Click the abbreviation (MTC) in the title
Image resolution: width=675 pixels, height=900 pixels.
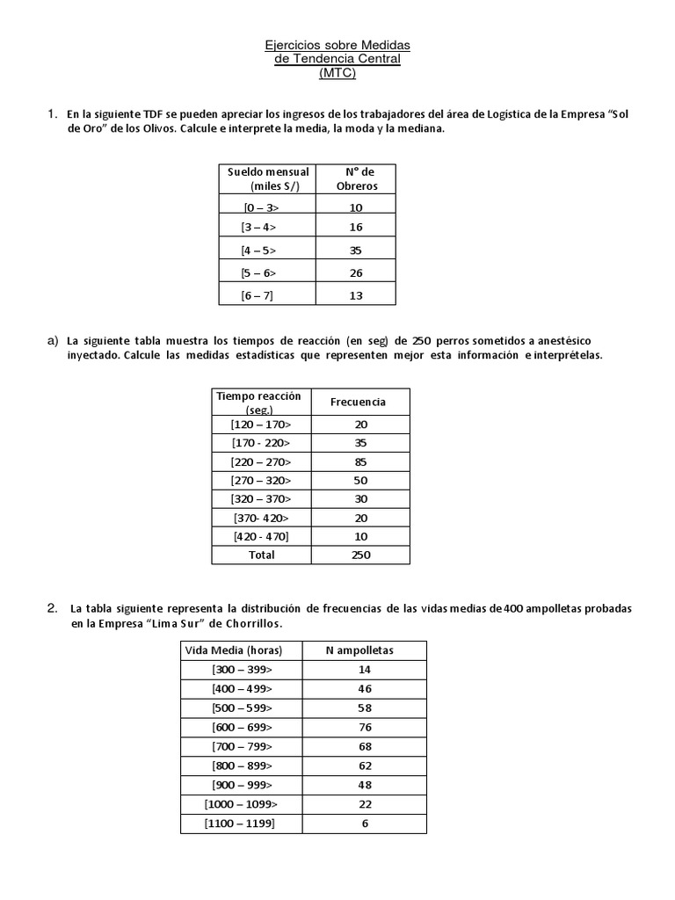coord(337,73)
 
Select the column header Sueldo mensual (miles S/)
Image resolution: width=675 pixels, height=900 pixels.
coord(268,179)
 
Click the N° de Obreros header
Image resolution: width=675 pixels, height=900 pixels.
coord(357,179)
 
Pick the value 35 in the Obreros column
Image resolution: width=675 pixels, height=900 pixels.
coord(357,251)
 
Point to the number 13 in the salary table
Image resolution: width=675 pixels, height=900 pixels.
coord(357,295)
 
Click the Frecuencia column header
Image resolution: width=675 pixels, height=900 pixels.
coord(358,402)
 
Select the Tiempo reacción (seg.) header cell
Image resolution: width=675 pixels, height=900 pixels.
coord(258,403)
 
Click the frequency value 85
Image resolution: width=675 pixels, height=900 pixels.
coord(361,461)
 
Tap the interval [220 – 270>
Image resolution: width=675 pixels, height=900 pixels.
coord(261,461)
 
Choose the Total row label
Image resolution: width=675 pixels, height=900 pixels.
coord(261,555)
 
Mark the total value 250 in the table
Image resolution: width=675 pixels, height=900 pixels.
coord(361,555)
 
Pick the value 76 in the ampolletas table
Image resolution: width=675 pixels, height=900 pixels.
coord(365,727)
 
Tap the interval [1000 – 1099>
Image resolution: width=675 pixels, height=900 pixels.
coord(241,804)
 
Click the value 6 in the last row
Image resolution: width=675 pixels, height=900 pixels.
coord(365,824)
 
